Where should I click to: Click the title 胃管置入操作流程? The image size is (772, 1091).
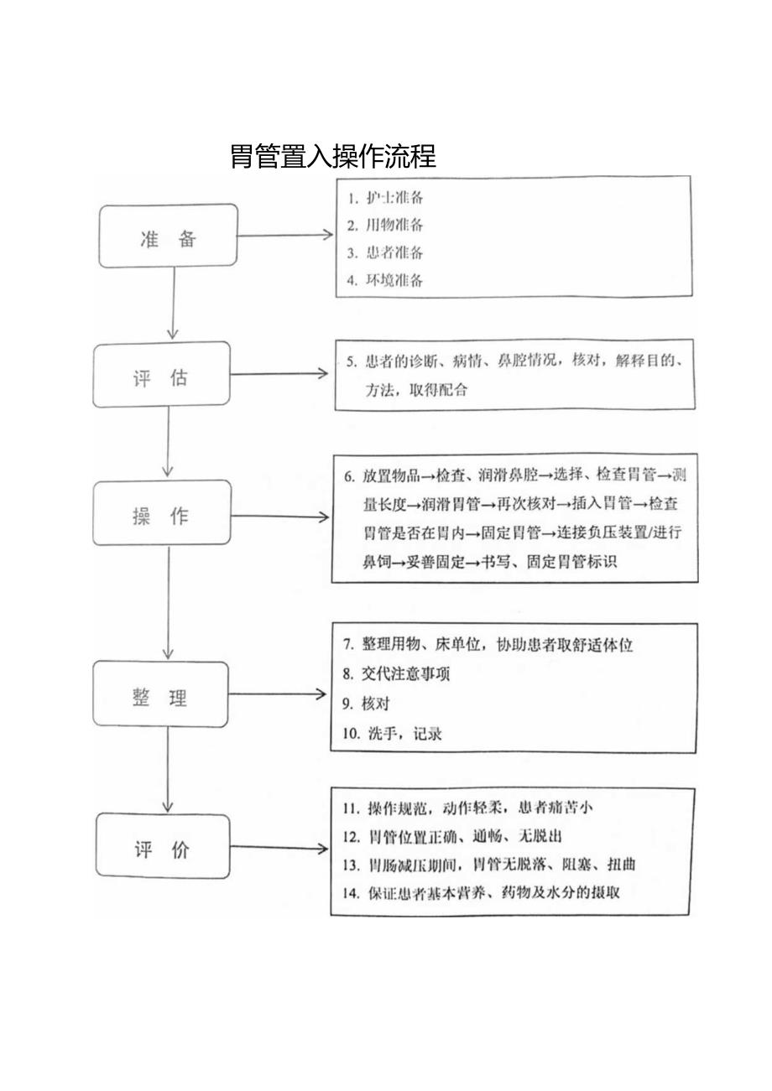tap(333, 157)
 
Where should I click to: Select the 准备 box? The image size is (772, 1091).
tap(168, 237)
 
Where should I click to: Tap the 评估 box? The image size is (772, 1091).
tap(161, 376)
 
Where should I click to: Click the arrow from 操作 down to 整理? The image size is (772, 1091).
tap(168, 602)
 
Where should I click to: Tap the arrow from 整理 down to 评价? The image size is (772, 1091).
tap(168, 770)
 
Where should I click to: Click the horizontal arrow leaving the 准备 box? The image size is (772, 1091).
tap(285, 236)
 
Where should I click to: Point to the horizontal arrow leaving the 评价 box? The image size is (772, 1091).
tap(279, 849)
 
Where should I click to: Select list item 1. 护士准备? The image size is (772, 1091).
tap(386, 199)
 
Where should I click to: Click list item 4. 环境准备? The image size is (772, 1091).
tap(386, 280)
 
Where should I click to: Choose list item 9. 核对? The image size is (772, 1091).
tap(367, 704)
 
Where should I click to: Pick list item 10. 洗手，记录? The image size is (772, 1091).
tap(392, 734)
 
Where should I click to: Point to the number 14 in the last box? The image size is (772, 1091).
tap(350, 891)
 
